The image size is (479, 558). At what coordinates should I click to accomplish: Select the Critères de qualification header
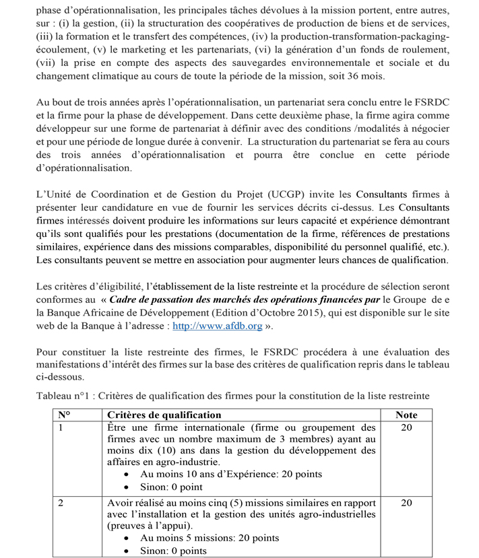(x=164, y=415)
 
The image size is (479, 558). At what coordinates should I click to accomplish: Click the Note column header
(x=406, y=415)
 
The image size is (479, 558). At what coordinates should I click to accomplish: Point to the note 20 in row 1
(x=406, y=427)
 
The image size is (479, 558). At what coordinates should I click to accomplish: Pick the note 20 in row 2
(x=406, y=502)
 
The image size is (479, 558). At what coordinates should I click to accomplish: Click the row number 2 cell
(x=61, y=502)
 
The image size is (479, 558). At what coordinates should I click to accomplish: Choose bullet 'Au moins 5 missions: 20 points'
(x=210, y=538)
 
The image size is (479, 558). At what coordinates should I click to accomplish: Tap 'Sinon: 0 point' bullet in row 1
(x=171, y=487)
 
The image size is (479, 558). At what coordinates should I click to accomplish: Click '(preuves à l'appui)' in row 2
(x=149, y=525)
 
